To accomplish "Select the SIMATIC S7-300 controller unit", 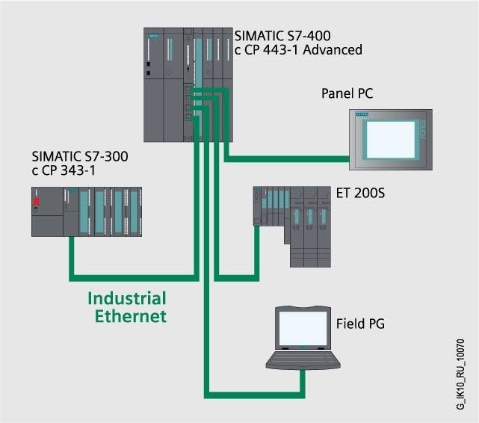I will pyautogui.click(x=86, y=211).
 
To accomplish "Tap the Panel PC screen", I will pyautogui.click(x=389, y=140).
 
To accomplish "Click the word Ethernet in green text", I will pyautogui.click(x=130, y=316).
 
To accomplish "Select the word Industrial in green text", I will pyautogui.click(x=127, y=299).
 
